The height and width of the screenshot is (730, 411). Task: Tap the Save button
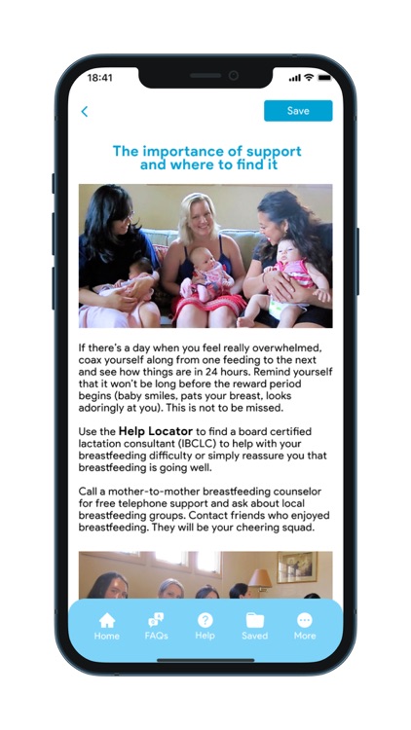tap(297, 111)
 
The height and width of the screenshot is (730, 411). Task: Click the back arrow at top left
tap(85, 112)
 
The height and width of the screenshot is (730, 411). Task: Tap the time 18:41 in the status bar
tap(99, 77)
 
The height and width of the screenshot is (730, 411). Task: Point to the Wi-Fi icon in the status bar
tap(309, 77)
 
